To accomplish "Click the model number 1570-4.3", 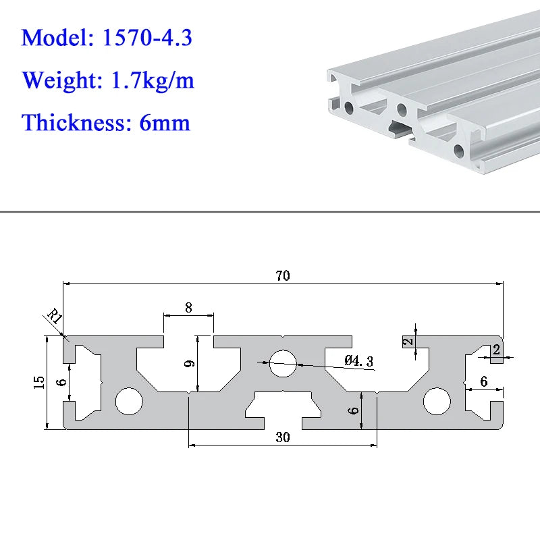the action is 147,37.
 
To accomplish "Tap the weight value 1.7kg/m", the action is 153,80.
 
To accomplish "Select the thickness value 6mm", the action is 165,123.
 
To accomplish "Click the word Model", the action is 57,37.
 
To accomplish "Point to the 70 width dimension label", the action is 283,275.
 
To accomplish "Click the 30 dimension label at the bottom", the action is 283,437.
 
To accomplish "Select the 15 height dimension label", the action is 39,383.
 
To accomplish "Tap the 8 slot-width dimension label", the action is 188,308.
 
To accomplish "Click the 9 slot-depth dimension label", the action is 190,363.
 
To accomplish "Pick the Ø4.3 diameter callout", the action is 358,361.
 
